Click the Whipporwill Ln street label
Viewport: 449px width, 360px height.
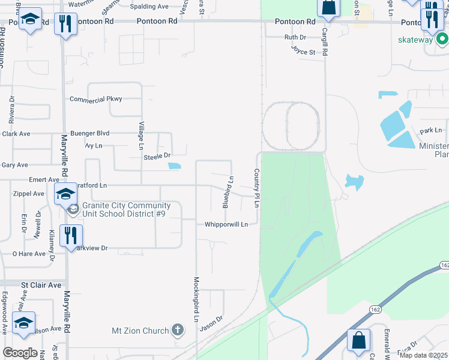click(x=226, y=224)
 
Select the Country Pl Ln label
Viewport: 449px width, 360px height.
click(x=257, y=188)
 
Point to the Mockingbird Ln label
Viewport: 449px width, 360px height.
click(x=196, y=299)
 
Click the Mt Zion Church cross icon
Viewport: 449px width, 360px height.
click(x=178, y=329)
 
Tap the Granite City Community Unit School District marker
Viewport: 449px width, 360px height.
click(x=73, y=209)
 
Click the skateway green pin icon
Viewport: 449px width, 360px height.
click(x=443, y=40)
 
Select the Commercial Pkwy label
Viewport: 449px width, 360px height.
click(x=96, y=99)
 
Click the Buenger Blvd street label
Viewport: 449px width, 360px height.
click(x=90, y=133)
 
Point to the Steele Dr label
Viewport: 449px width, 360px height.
click(x=158, y=157)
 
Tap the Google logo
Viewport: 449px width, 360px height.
click(x=20, y=353)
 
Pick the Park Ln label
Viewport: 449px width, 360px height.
click(x=430, y=130)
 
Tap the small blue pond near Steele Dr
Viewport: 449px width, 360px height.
click(x=175, y=166)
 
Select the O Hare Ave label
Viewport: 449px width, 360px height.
click(x=29, y=254)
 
